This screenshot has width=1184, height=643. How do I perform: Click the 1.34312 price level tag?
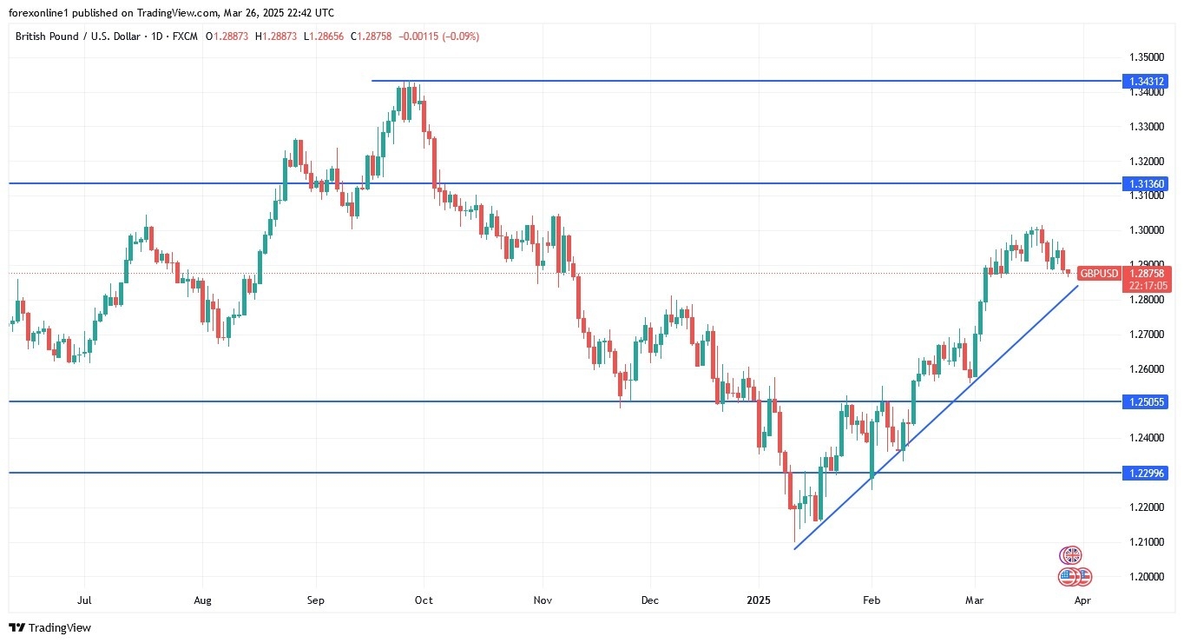point(1147,81)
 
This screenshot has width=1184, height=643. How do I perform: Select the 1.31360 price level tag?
point(1147,183)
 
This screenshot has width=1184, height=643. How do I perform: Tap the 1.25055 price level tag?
point(1147,401)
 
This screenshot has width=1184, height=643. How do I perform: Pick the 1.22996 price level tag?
point(1147,473)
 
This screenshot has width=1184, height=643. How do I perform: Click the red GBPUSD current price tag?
point(1123,274)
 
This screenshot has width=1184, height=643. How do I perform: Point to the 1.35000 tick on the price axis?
point(1146,57)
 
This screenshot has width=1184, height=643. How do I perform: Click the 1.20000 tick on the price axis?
point(1146,577)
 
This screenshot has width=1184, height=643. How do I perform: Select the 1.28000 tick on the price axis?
point(1146,300)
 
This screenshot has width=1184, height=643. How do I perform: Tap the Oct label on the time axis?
point(424,600)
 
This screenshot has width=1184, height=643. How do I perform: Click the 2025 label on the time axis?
point(759,600)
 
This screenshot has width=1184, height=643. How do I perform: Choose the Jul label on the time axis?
point(84,600)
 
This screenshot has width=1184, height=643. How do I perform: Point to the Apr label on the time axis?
point(1082,600)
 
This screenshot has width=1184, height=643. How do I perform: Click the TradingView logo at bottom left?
point(49,627)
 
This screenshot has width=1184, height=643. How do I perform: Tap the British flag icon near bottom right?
point(1071,555)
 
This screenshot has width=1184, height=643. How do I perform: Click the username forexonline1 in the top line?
point(39,13)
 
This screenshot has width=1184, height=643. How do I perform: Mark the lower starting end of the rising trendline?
point(795,548)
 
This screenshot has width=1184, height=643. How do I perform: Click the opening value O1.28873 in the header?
point(232,36)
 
